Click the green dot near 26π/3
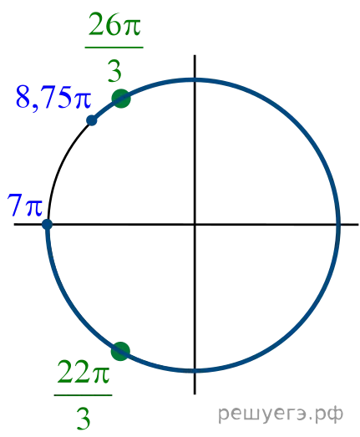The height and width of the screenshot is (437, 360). point(121,99)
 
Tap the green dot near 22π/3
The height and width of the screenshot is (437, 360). point(120,351)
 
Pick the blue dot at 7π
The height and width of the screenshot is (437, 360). point(47,224)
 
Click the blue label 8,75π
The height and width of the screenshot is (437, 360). point(53,97)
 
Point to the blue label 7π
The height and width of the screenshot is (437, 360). point(25,205)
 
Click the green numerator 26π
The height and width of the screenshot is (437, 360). point(114,24)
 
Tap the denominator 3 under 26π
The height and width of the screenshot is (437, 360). point(114,71)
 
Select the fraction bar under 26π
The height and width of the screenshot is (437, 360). point(114,48)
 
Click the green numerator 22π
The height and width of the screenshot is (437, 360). point(83,372)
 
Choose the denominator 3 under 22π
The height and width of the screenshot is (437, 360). point(84,419)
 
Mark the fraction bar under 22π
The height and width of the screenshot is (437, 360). point(83,395)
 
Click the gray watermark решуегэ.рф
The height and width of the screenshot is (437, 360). point(281,414)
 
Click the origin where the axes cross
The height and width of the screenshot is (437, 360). point(195,224)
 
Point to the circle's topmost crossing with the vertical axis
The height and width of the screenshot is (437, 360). point(195,80)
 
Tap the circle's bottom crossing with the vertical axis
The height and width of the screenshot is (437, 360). point(195,370)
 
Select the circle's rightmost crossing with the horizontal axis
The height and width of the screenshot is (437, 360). point(338,224)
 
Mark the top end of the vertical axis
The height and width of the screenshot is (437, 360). point(195,55)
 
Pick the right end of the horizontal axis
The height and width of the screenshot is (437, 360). point(358,224)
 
